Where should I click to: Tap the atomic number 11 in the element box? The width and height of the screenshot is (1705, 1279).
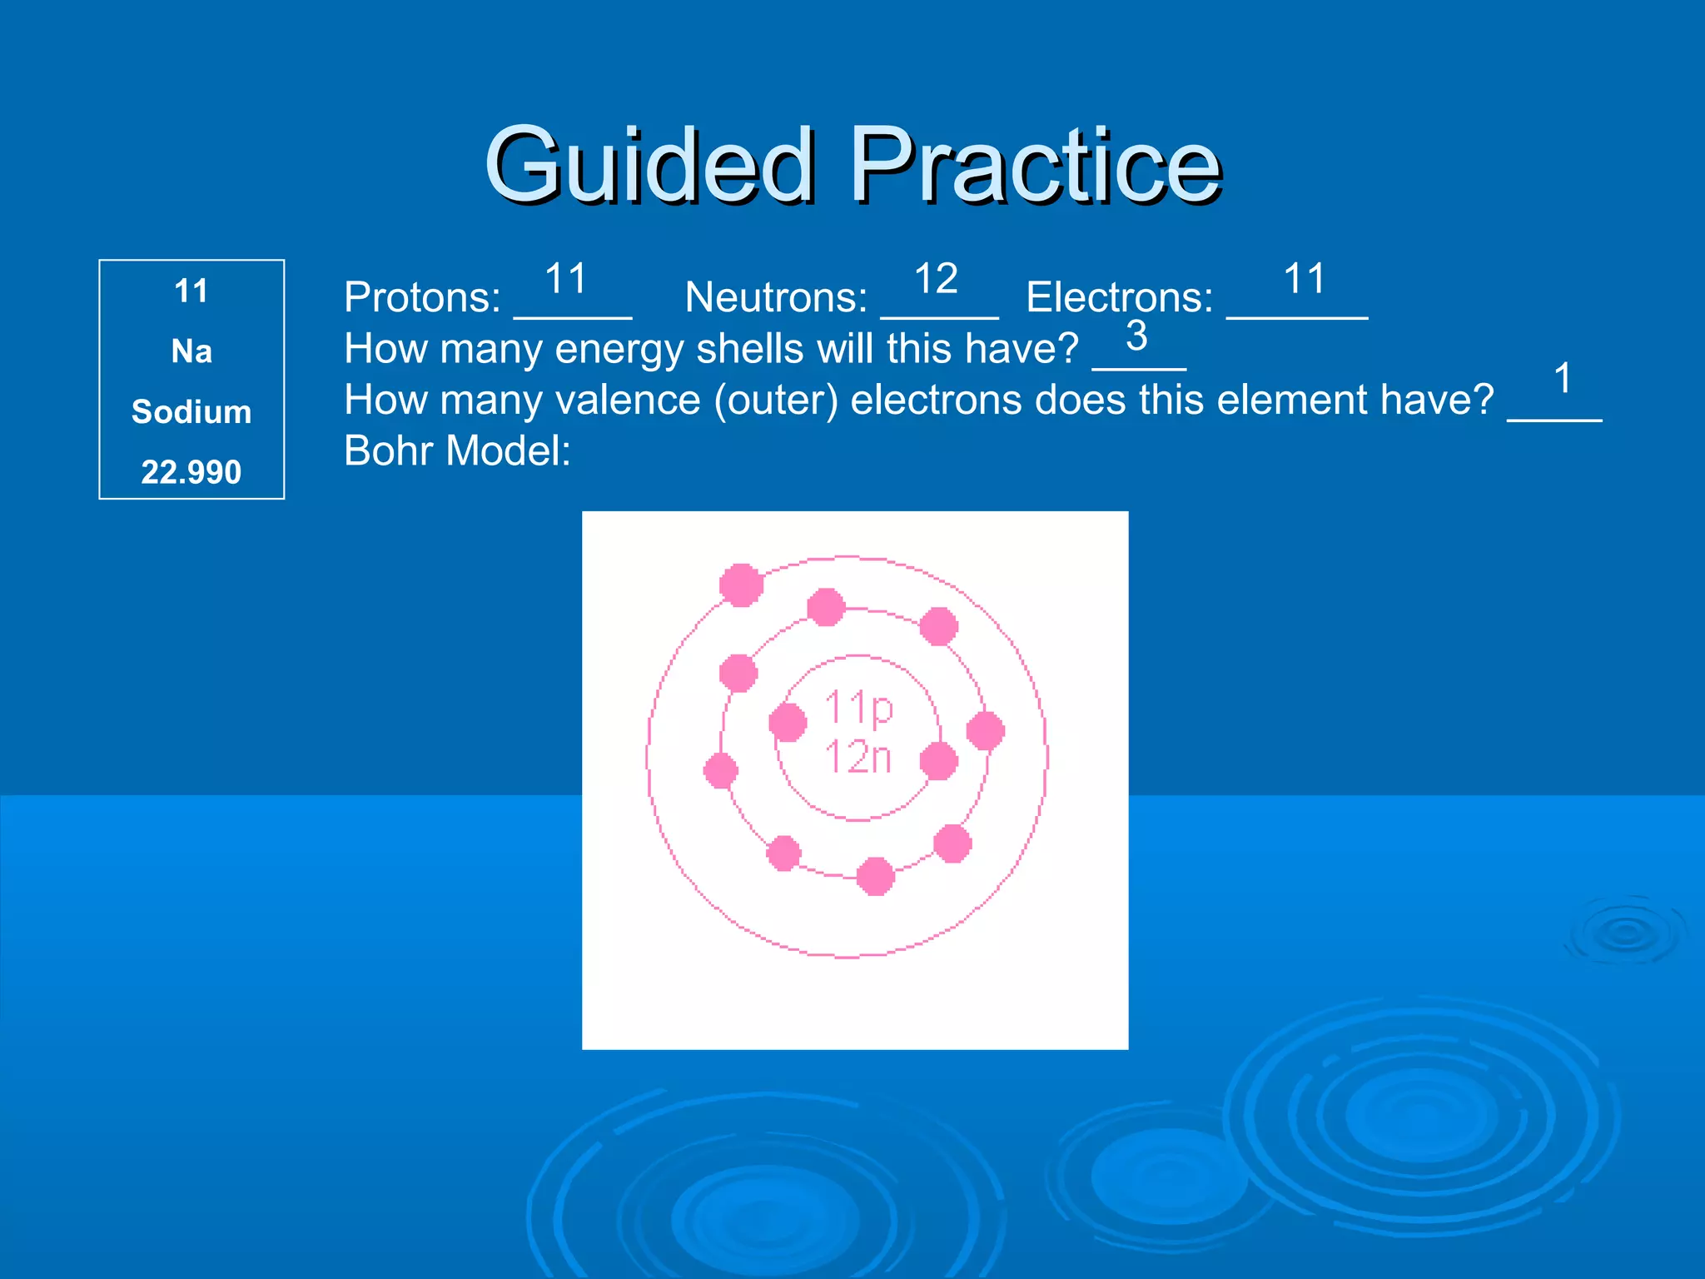click(x=191, y=291)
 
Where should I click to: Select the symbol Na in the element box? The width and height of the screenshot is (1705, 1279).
click(x=191, y=351)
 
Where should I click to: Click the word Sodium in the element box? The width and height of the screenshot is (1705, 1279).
click(x=191, y=412)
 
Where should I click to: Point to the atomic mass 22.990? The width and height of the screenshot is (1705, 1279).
click(x=191, y=472)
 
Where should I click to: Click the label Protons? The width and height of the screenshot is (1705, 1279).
click(x=422, y=297)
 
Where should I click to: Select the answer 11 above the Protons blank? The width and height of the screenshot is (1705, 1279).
click(x=566, y=278)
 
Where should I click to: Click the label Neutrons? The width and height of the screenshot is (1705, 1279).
click(x=776, y=297)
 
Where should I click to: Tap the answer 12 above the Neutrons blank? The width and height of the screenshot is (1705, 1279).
click(x=936, y=278)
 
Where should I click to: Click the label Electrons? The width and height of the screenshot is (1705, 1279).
click(x=1120, y=297)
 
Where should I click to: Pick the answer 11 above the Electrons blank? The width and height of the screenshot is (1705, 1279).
click(x=1304, y=278)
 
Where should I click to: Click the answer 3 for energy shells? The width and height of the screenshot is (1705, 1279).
click(x=1136, y=336)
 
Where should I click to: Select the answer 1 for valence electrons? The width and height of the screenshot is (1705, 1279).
click(x=1563, y=379)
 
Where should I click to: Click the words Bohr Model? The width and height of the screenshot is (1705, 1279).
click(x=457, y=451)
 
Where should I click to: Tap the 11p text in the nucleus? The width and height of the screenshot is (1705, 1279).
click(x=858, y=709)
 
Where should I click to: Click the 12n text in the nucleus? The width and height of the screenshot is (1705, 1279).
click(x=858, y=758)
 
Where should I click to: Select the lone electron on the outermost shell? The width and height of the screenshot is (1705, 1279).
click(x=741, y=585)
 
